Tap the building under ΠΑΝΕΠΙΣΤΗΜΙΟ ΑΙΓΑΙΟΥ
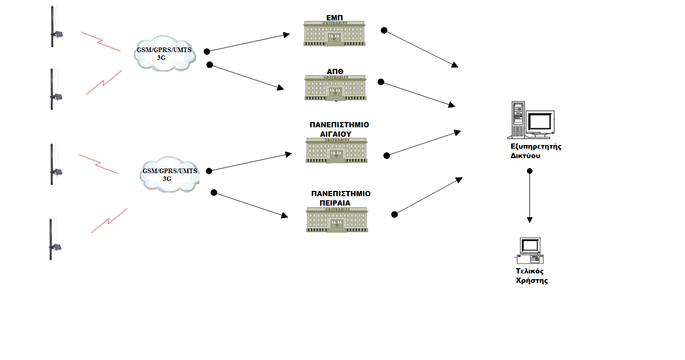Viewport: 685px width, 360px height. pyautogui.click(x=336, y=151)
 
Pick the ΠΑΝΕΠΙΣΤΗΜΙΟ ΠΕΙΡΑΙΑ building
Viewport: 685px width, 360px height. pyautogui.click(x=336, y=219)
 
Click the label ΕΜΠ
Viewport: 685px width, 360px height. pyautogui.click(x=334, y=18)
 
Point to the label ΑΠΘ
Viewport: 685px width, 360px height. pyautogui.click(x=334, y=72)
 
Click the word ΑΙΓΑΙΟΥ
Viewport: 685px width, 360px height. pyautogui.click(x=335, y=134)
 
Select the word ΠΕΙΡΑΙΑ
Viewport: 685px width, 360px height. pyautogui.click(x=335, y=202)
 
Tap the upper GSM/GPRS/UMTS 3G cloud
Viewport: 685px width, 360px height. pyautogui.click(x=164, y=54)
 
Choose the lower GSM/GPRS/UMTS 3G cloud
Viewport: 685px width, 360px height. pyautogui.click(x=170, y=174)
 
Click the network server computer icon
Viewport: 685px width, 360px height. pyautogui.click(x=532, y=121)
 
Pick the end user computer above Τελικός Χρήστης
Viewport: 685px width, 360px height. pyautogui.click(x=529, y=250)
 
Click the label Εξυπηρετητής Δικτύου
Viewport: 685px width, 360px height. pyautogui.click(x=535, y=151)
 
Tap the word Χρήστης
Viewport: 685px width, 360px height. pyautogui.click(x=532, y=281)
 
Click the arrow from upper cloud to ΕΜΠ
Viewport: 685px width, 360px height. pyautogui.click(x=248, y=43)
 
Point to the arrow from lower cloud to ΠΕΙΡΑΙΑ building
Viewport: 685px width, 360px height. pyautogui.click(x=251, y=205)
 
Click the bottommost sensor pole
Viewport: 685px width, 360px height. pyautogui.click(x=51, y=239)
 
